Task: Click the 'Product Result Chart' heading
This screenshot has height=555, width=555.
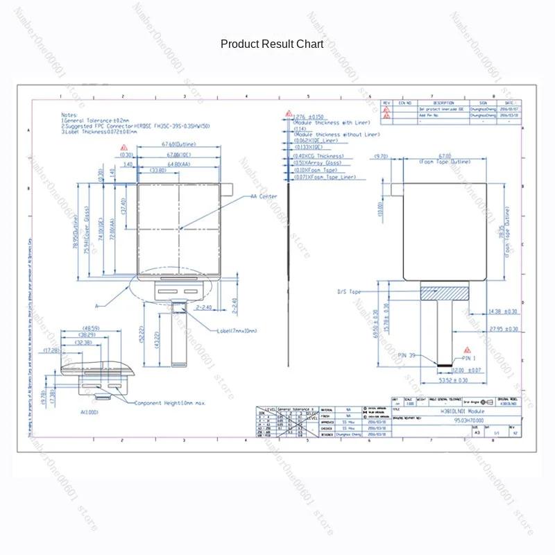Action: (272, 44)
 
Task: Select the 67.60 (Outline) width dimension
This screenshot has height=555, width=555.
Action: (178, 144)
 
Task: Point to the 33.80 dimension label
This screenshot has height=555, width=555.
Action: (157, 169)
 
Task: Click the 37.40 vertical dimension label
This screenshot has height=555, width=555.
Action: (123, 206)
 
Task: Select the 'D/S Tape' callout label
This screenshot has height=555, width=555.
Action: (348, 292)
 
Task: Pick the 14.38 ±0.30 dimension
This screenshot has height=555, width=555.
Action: (503, 311)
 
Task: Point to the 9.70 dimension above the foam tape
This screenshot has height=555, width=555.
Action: (380, 157)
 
